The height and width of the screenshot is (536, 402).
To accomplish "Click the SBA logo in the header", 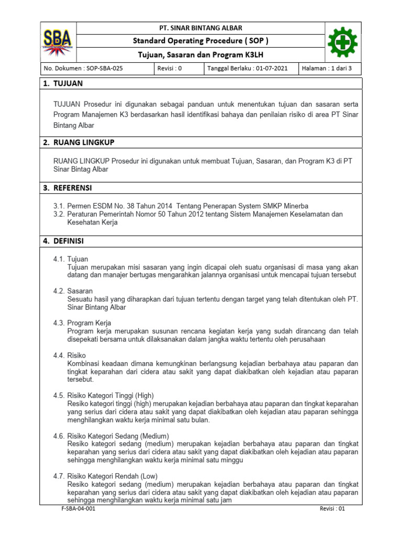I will [x=58, y=42].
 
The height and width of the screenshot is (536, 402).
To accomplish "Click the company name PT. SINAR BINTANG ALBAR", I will [x=200, y=28].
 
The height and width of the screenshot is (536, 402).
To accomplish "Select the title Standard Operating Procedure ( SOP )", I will [x=200, y=41].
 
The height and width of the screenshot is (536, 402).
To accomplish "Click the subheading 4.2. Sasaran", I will [x=73, y=291].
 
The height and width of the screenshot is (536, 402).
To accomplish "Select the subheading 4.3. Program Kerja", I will [x=82, y=323].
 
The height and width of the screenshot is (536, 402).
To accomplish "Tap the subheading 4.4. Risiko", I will [x=70, y=355].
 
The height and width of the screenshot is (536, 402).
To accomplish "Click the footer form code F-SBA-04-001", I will [x=77, y=509].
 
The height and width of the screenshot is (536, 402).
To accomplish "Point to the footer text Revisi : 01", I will [x=333, y=509].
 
